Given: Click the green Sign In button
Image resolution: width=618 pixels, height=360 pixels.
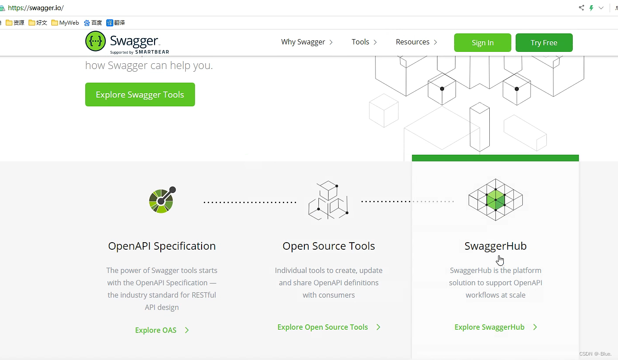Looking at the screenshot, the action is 482,43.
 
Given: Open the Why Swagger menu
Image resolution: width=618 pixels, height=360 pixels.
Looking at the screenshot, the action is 307,42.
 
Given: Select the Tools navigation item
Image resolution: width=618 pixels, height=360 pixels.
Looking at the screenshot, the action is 364,42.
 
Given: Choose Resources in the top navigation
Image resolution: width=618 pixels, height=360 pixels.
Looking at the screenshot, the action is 416,42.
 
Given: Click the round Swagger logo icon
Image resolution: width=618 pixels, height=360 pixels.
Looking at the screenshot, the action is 95,41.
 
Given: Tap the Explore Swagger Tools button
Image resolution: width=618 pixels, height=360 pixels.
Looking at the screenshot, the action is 140,95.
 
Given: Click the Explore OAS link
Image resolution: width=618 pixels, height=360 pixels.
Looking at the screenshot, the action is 162,330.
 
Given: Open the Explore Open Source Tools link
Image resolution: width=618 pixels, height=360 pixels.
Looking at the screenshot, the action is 329,327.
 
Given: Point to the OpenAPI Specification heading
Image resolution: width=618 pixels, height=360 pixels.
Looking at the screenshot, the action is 162,246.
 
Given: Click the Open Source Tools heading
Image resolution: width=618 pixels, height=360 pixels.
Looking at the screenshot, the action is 329,246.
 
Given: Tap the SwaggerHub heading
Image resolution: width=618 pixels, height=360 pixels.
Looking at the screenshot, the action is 495,246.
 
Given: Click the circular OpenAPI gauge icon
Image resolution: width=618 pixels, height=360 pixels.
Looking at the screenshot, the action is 162,200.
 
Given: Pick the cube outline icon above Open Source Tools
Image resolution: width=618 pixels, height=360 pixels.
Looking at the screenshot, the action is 328,200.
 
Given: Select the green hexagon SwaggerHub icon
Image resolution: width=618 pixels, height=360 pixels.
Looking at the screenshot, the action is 495,200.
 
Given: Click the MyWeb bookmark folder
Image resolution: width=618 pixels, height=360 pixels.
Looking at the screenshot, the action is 65,23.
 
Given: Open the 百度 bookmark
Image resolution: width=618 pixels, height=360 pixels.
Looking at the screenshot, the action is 93,23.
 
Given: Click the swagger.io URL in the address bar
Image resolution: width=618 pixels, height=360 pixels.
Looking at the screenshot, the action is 36,8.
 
